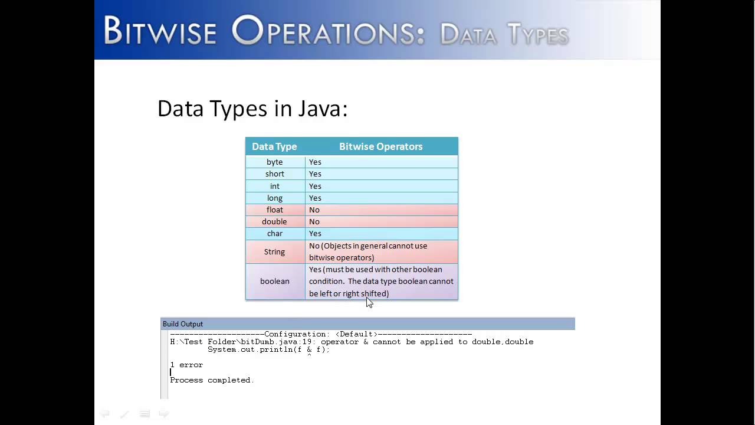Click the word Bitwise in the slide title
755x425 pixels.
pos(160,31)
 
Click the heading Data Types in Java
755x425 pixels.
pos(252,109)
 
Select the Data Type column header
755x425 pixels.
pos(274,146)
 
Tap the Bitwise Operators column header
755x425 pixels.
pos(380,146)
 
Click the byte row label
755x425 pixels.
pos(274,162)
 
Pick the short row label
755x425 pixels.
pos(274,174)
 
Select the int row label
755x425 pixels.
pos(274,186)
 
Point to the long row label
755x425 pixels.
pos(274,198)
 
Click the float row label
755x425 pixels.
pos(274,210)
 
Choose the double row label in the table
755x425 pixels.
pos(274,221)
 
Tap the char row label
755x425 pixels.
pos(274,233)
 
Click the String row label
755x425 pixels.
pos(274,251)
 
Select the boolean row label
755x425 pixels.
pos(274,281)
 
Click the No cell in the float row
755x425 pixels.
pos(314,210)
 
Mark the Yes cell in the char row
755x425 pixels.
pos(315,233)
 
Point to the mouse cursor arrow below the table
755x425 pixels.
pos(369,302)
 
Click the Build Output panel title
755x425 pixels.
pos(183,323)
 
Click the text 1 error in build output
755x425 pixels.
pos(186,365)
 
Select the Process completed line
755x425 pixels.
pos(212,380)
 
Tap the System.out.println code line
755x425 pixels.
pos(268,349)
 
